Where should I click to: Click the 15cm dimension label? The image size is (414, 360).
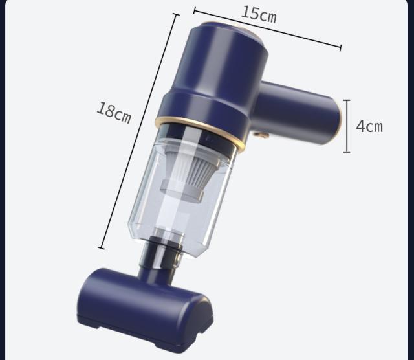(x=259, y=14)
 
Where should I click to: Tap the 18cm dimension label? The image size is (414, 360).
(x=114, y=113)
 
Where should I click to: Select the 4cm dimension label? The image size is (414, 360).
(x=369, y=126)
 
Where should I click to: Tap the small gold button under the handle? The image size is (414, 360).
(x=261, y=135)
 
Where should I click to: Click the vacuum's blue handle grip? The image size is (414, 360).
(x=298, y=112)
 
